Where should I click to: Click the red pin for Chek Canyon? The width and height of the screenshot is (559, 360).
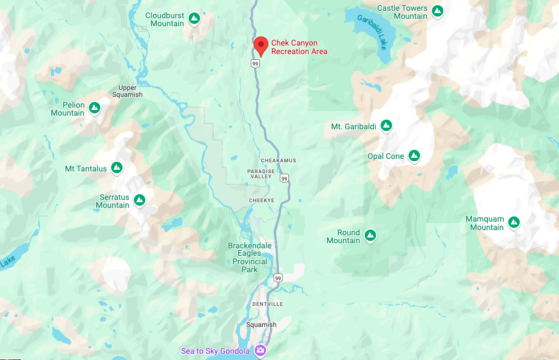click(260, 44)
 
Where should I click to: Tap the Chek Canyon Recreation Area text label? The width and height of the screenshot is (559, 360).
click(299, 47)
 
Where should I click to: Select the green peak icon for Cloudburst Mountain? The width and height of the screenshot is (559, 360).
click(194, 19)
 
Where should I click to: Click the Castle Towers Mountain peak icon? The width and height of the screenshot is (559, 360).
click(437, 11)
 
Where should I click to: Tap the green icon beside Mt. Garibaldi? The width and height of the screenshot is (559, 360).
click(386, 125)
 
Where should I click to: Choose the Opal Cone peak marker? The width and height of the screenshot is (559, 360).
click(414, 156)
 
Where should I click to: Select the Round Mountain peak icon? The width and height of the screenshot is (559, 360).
click(370, 235)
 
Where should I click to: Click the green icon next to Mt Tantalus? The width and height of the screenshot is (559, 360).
click(117, 167)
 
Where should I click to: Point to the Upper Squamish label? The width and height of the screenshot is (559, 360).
click(127, 91)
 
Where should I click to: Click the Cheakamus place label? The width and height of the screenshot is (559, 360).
click(279, 161)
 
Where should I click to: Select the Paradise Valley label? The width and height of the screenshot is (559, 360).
click(261, 174)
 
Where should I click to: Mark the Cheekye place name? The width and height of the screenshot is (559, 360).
click(263, 201)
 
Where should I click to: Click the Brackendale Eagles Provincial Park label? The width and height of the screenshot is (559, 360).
click(250, 257)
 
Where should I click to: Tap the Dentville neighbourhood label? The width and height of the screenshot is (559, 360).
click(267, 304)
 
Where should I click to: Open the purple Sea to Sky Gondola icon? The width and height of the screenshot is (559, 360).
click(260, 350)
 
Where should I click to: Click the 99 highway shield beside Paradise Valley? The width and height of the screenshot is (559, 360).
click(284, 178)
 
